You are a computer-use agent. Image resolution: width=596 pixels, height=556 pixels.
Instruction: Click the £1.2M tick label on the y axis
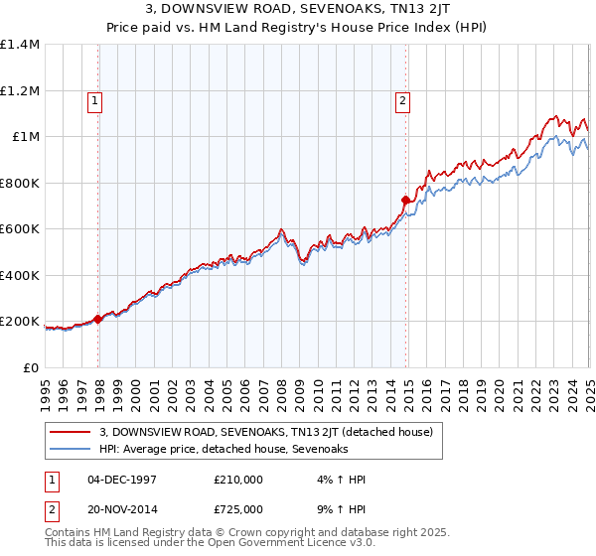19,90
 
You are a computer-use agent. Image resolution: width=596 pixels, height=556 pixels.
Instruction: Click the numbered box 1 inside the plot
94,99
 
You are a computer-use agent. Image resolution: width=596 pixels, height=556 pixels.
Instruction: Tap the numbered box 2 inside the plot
402,99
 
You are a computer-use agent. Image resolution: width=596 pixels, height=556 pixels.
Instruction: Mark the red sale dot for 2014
405,201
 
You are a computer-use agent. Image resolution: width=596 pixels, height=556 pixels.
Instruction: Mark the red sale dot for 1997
97,319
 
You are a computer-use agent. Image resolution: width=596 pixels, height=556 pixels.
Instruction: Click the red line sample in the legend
71,432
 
